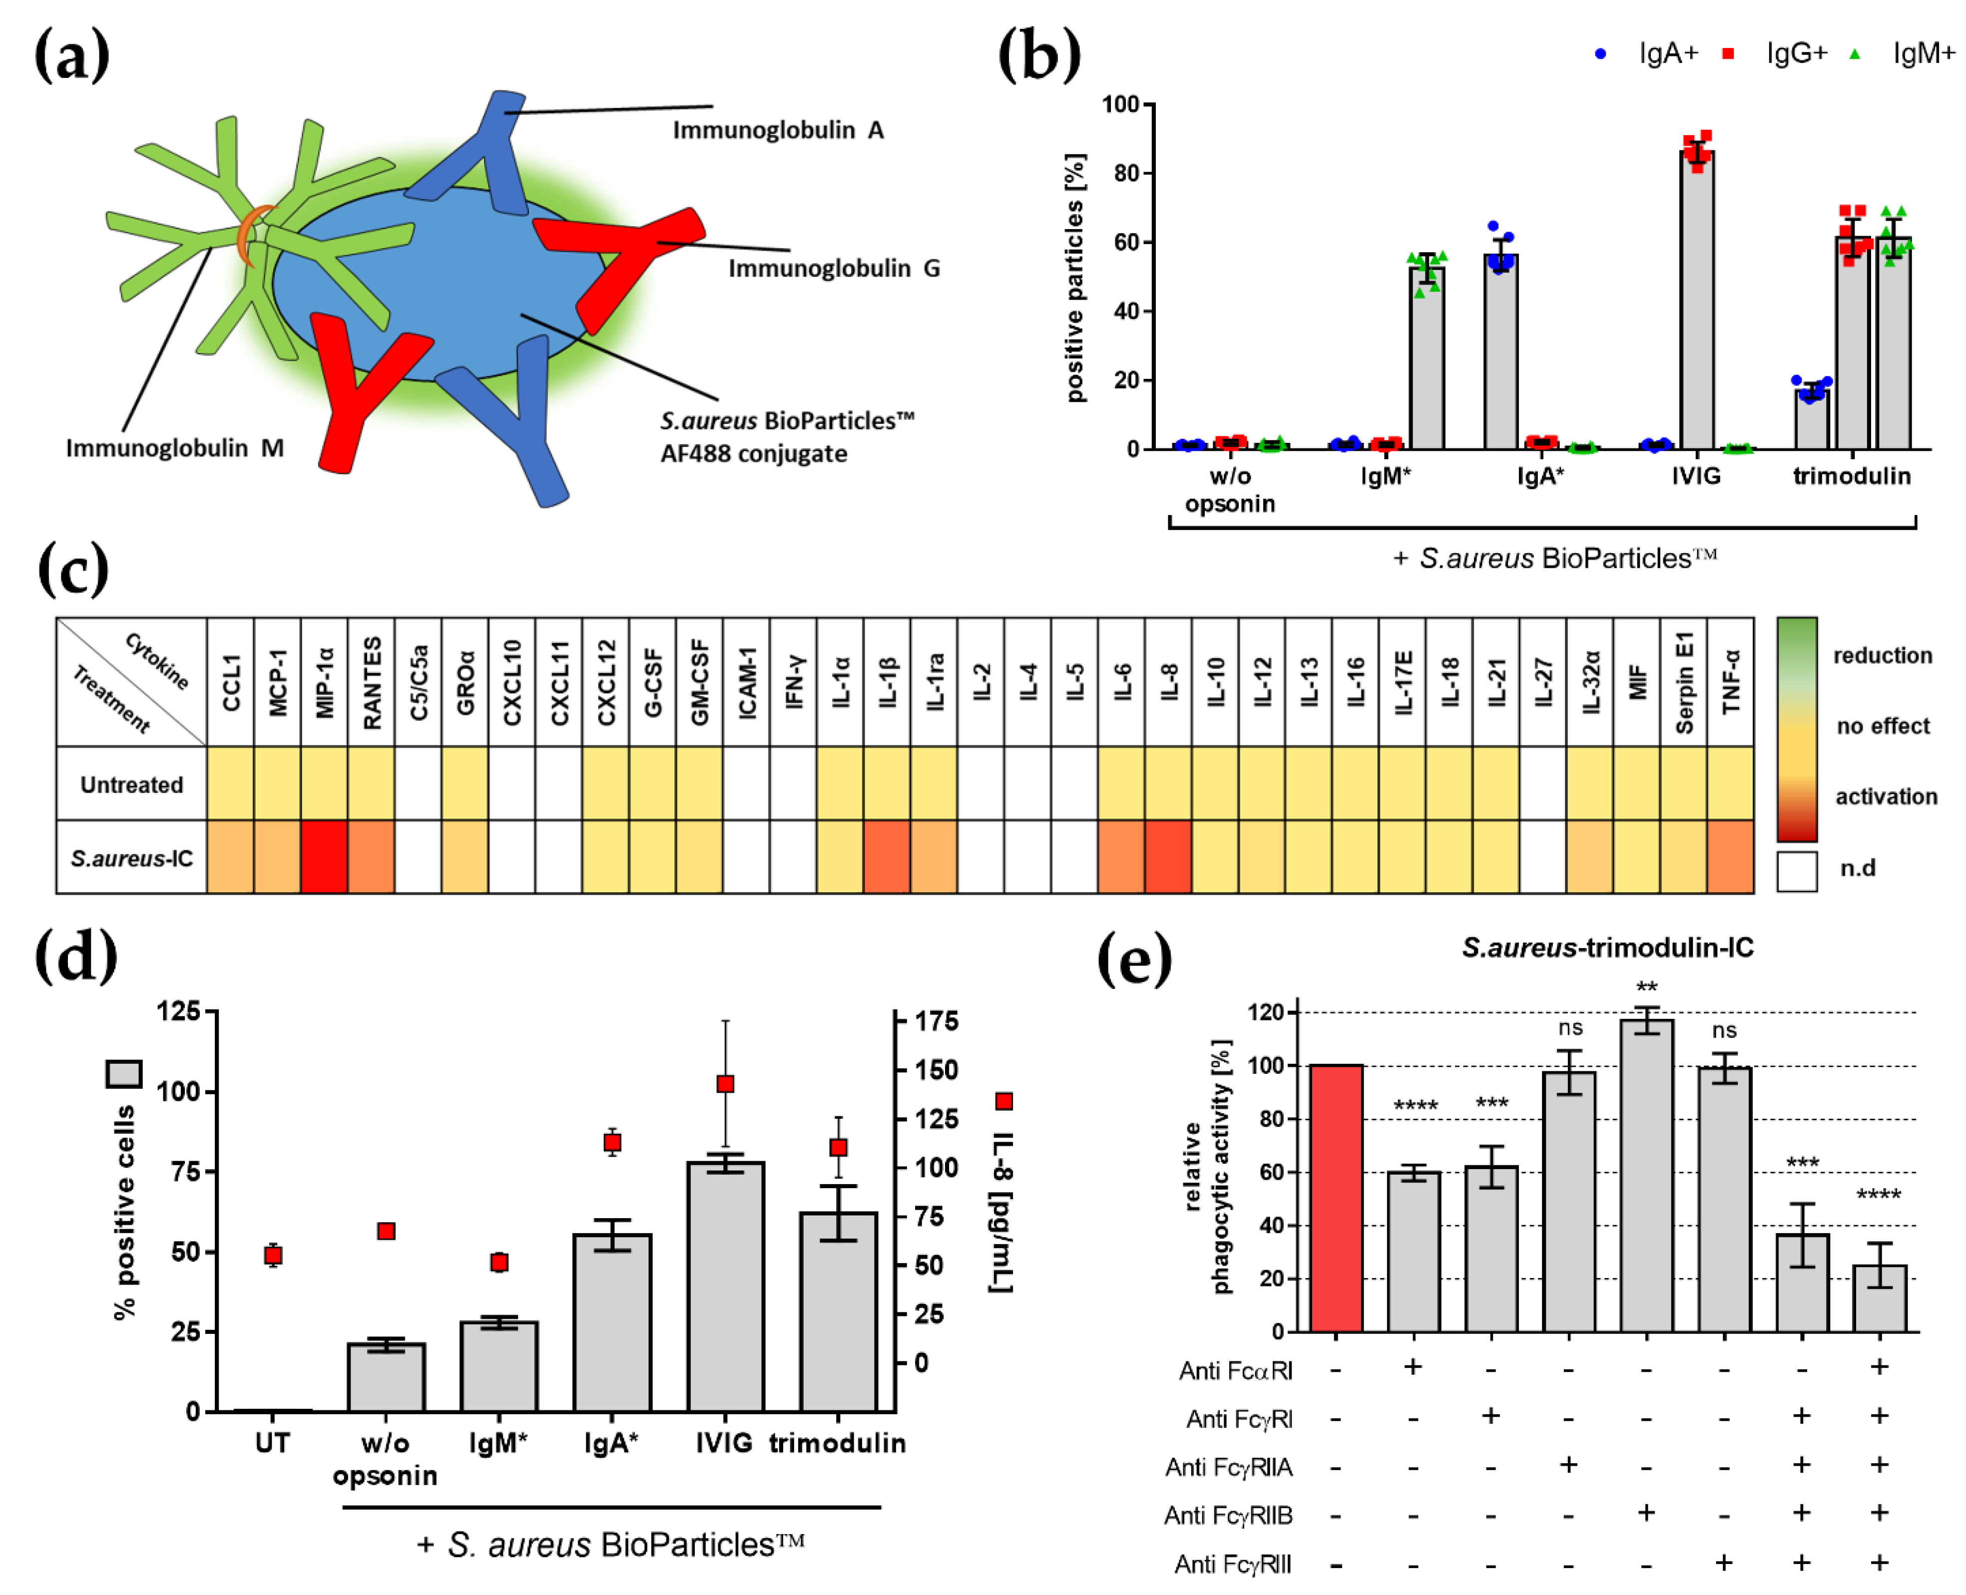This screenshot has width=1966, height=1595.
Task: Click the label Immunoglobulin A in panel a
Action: tap(778, 130)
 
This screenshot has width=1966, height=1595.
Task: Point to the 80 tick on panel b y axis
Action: tap(1126, 174)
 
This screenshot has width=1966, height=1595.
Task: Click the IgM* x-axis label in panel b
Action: tap(1385, 476)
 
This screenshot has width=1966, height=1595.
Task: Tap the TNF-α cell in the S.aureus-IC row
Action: tap(1730, 856)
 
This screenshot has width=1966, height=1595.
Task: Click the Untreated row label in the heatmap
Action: tap(131, 784)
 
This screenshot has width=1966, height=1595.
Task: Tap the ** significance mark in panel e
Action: tap(1646, 987)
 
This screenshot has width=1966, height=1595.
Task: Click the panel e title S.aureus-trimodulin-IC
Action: tap(1607, 947)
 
